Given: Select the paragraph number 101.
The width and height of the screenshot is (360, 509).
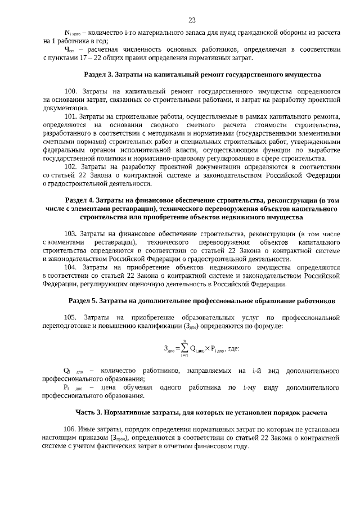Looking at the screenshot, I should click(x=71, y=116).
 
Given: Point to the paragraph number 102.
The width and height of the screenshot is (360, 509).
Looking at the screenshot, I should click(x=71, y=167).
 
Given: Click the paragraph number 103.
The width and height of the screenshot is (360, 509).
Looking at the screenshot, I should click(x=71, y=233).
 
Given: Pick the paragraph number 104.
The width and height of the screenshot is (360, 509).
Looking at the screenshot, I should click(x=71, y=267).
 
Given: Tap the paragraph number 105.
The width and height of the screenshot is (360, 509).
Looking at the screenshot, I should click(x=71, y=318).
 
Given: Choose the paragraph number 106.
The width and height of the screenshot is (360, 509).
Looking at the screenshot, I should click(x=71, y=429).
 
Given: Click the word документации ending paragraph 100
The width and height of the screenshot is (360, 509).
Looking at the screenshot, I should click(x=64, y=107).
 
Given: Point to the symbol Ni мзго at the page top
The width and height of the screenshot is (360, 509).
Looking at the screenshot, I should click(x=73, y=34).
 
